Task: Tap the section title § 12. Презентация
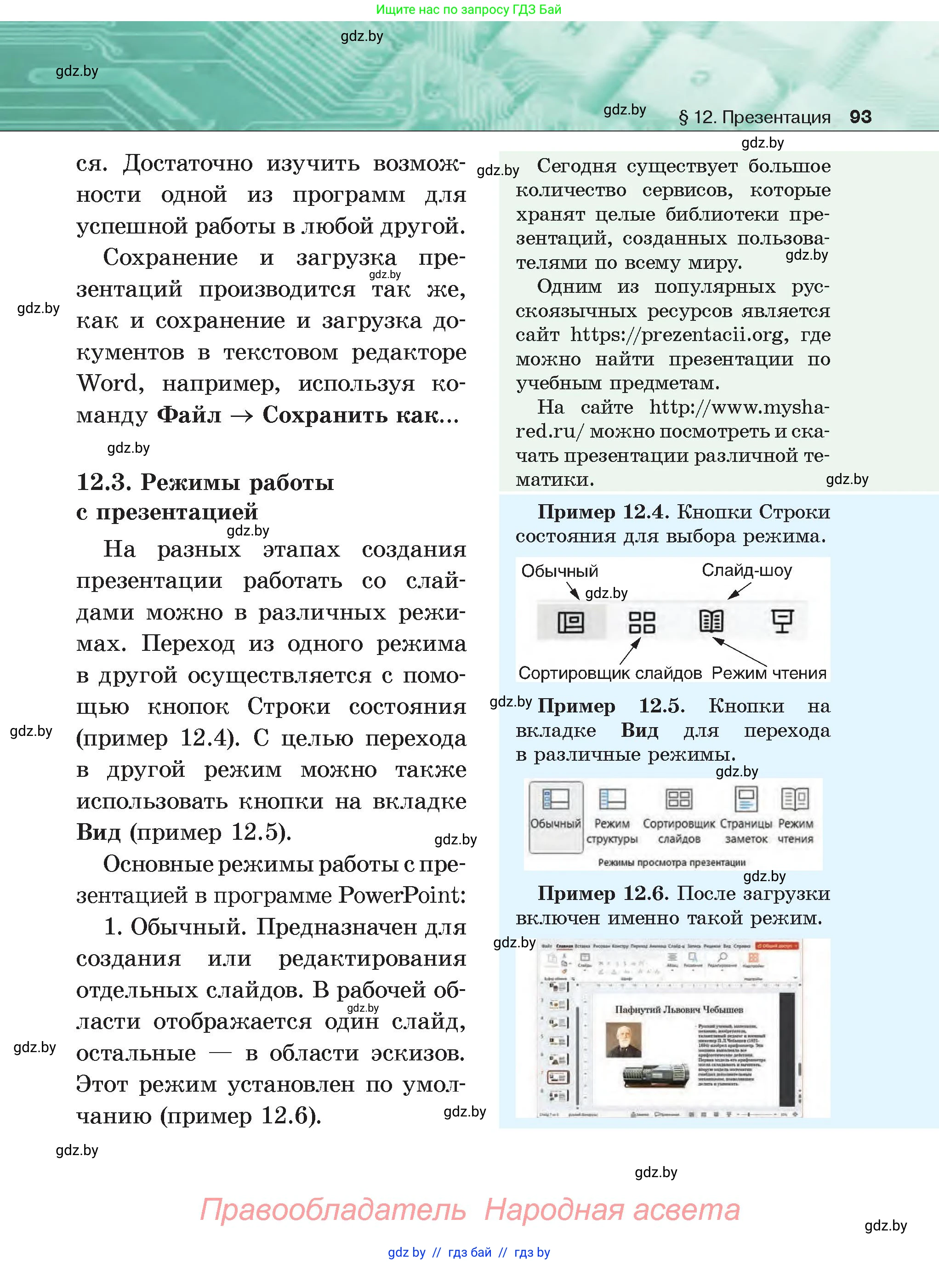pos(754,117)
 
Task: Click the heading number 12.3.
pos(103,482)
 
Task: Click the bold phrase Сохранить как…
pos(360,415)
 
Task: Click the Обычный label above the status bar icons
pos(559,570)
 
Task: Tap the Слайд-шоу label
pos(746,569)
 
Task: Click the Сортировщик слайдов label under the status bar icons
pos(610,673)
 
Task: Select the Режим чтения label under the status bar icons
pos(768,673)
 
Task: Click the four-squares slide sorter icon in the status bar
pos(642,622)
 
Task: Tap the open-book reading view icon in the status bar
pos(711,621)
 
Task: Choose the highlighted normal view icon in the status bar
pos(571,622)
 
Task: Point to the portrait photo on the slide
pos(624,1040)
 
